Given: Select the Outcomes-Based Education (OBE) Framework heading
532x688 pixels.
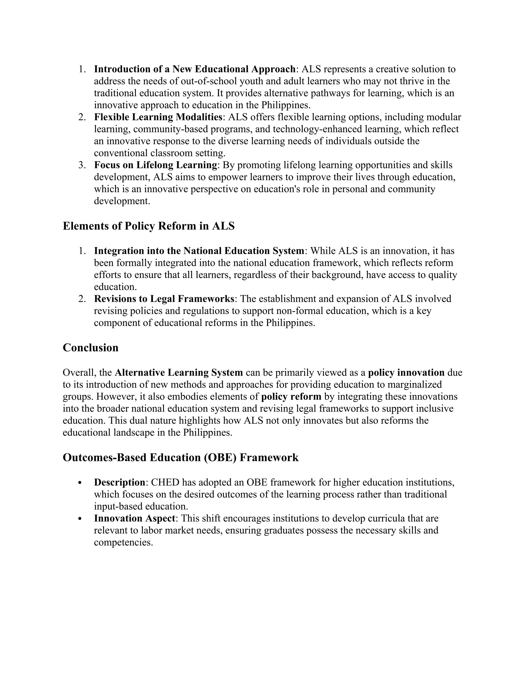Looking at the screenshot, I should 180,457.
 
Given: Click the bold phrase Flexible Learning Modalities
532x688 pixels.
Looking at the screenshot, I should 158,117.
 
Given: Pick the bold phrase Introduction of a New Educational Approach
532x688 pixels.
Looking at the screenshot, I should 195,69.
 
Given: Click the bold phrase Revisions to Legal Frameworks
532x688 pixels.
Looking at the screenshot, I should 164,299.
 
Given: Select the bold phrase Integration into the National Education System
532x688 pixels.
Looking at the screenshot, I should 199,251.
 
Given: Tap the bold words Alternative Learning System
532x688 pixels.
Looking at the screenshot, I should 179,373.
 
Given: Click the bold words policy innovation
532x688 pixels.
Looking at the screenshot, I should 406,373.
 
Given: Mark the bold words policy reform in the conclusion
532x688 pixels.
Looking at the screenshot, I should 291,397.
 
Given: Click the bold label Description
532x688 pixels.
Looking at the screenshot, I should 120,482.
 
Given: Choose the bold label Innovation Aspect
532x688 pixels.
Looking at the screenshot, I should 134,518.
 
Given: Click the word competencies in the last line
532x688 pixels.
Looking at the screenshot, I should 123,542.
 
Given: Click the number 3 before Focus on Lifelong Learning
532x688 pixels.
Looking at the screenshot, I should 81,165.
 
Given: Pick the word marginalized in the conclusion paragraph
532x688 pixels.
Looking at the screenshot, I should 415,385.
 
